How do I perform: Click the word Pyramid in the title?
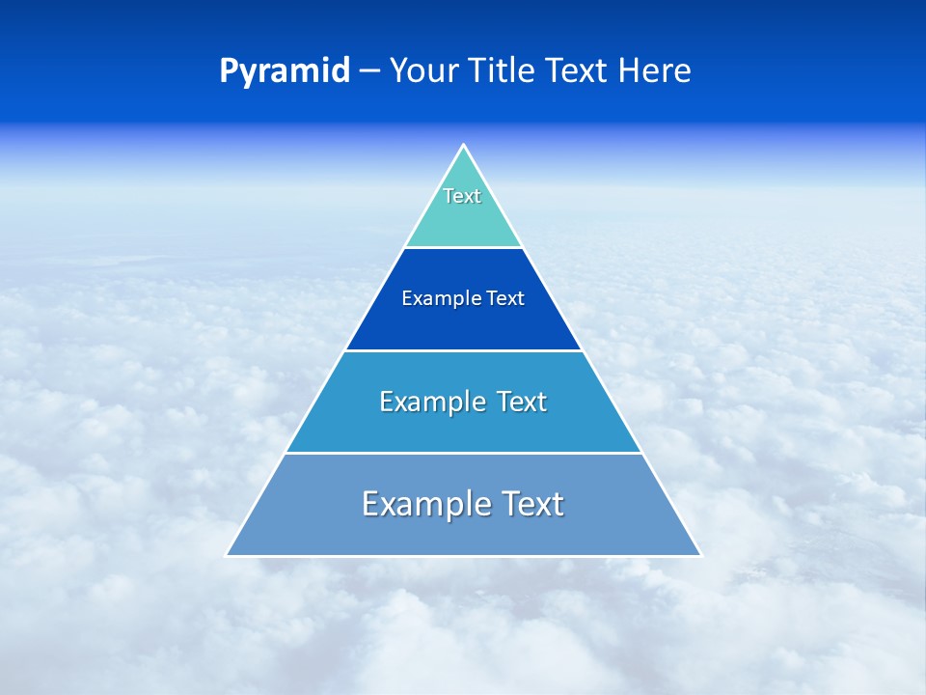(285, 71)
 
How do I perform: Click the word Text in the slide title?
(578, 71)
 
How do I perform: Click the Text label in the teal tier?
(462, 196)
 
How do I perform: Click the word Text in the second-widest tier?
(522, 402)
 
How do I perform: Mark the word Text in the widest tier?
(531, 504)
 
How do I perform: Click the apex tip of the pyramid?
(464, 146)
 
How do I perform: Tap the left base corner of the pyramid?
(228, 555)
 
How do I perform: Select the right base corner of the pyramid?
(699, 555)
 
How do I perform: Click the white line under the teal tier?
(463, 247)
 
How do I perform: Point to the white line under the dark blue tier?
(463, 350)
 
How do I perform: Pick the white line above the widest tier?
(463, 453)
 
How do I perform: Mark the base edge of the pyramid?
(463, 556)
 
